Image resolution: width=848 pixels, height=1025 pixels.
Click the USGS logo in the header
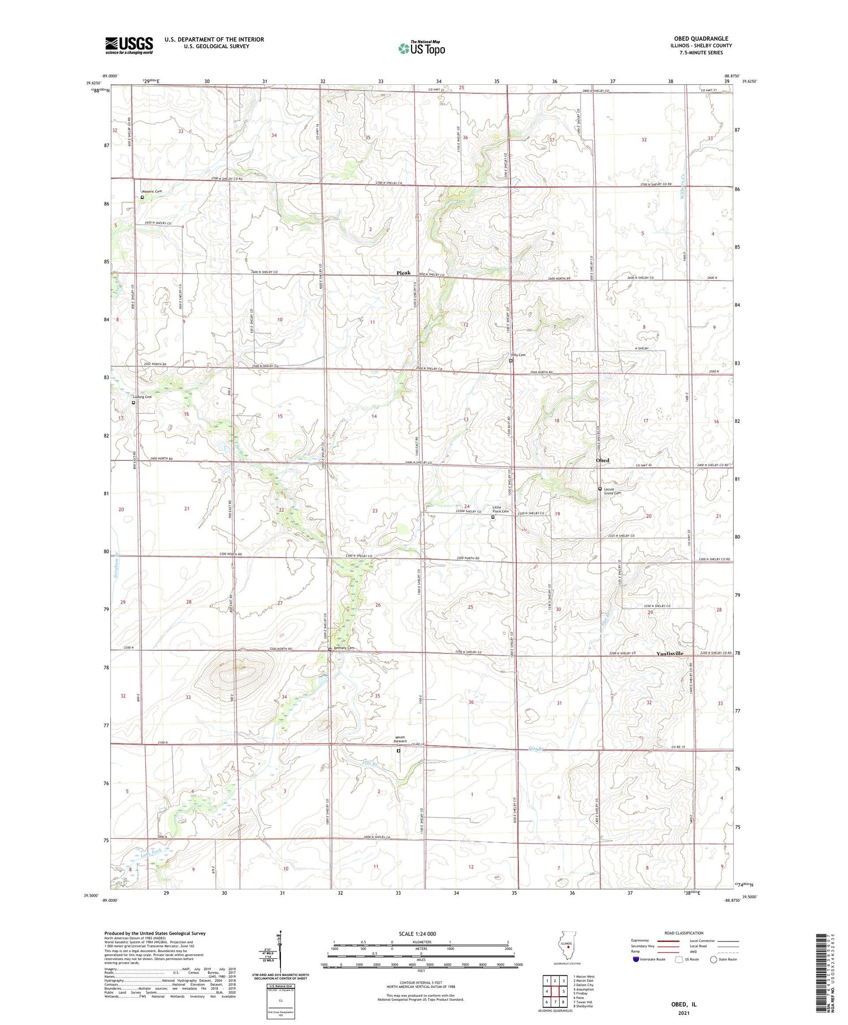(x=129, y=45)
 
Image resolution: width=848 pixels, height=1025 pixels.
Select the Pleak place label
(x=403, y=273)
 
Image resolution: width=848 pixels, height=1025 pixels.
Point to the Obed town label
(x=603, y=461)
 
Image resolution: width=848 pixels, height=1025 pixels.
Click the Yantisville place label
(x=669, y=654)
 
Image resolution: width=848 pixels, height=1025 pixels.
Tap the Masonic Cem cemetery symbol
(x=142, y=198)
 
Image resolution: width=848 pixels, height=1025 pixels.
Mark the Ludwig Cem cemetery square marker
(x=133, y=403)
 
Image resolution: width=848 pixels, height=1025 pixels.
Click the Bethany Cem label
(x=344, y=648)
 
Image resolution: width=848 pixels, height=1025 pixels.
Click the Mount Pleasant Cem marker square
(x=399, y=751)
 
